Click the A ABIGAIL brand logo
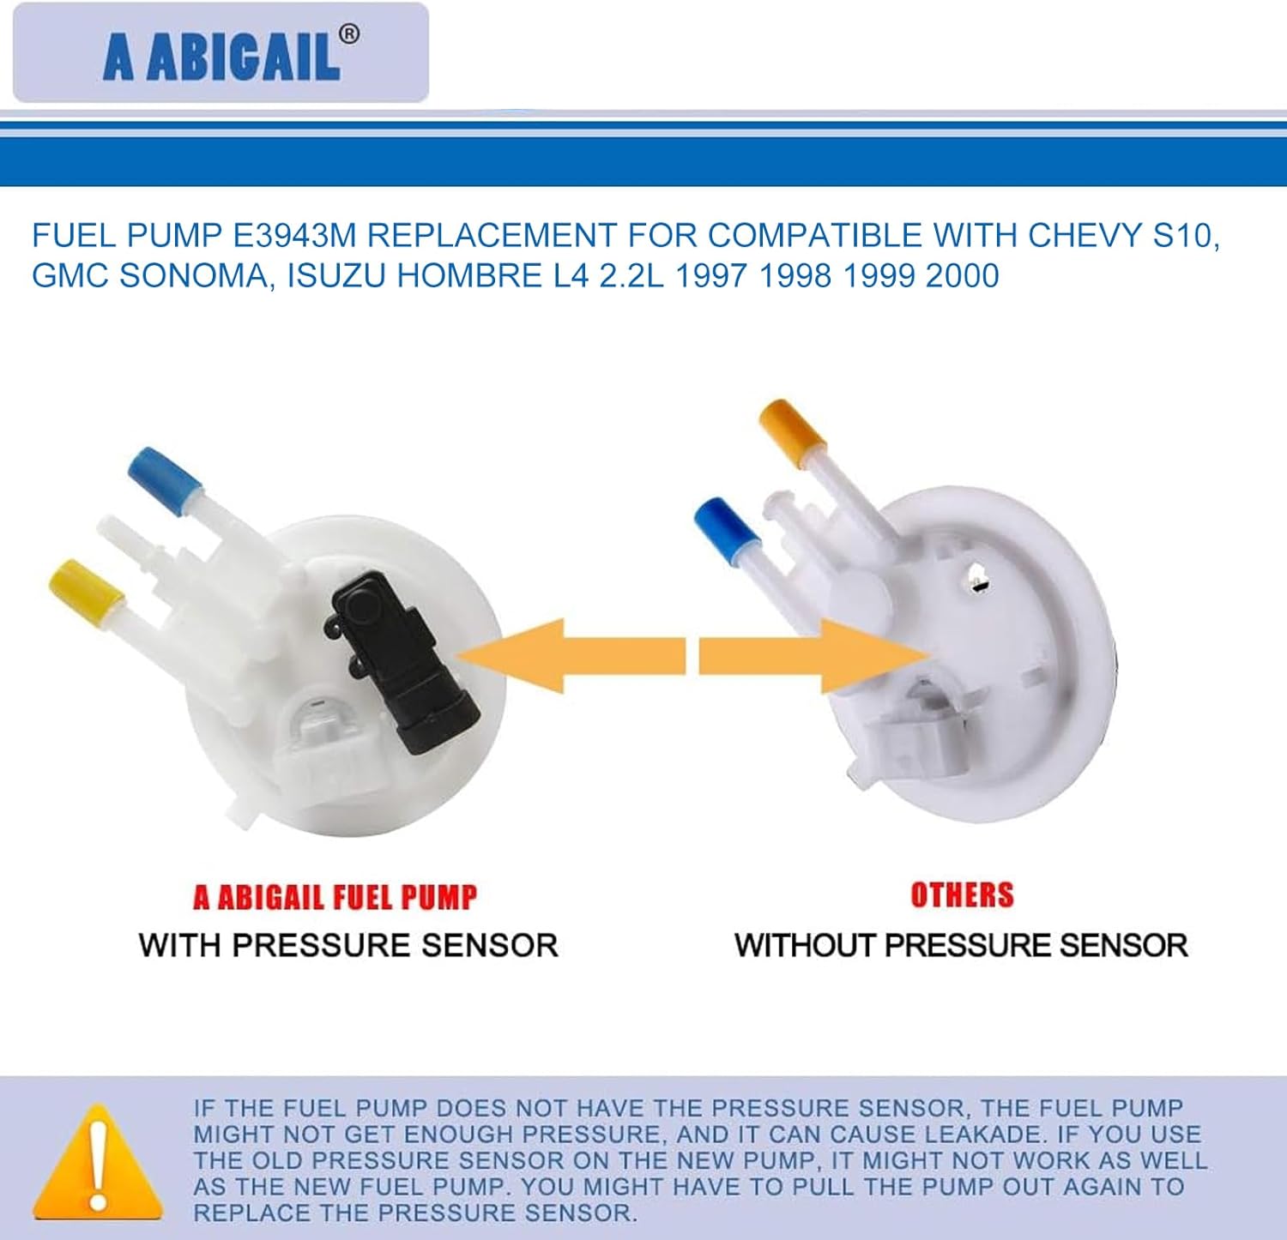(221, 53)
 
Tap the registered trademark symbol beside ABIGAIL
(349, 34)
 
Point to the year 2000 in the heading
(962, 275)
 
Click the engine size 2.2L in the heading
(631, 275)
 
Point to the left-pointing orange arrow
(571, 656)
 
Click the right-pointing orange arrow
(811, 656)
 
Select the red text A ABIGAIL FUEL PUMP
(335, 897)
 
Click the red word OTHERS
(962, 894)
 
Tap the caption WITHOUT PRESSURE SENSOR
(961, 945)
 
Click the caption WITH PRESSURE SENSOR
(348, 945)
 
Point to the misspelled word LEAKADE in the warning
(982, 1134)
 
